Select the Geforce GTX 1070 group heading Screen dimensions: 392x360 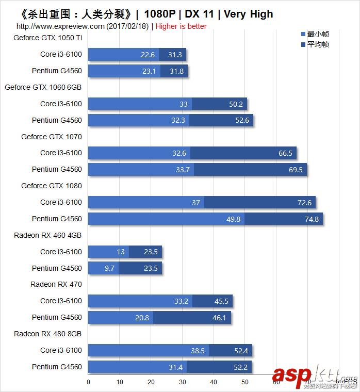point(52,137)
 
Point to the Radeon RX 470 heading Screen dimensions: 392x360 point(56,284)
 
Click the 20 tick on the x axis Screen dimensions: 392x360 point(151,382)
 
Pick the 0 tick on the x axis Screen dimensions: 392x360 point(88,382)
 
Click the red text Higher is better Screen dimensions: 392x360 point(181,26)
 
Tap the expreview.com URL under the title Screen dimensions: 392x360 point(60,26)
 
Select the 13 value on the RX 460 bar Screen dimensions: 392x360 point(120,252)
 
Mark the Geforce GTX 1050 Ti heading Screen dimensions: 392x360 point(48,38)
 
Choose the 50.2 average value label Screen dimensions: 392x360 point(236,104)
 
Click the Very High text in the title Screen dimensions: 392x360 point(249,14)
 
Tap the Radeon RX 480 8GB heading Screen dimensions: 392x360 point(48,334)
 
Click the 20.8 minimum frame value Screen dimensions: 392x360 point(142,318)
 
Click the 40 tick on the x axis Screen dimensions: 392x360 point(214,382)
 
